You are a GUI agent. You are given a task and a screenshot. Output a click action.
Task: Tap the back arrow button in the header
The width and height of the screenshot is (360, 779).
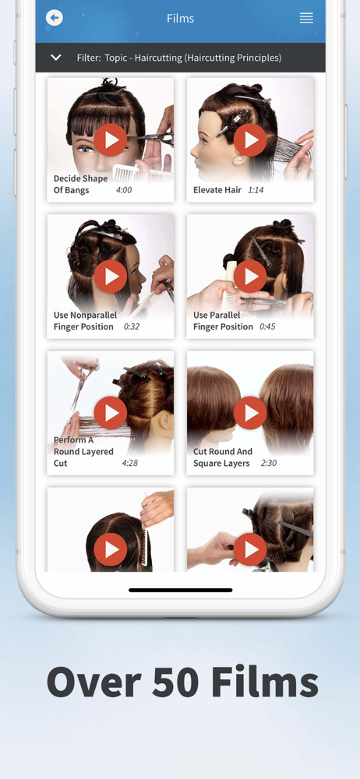coord(55,19)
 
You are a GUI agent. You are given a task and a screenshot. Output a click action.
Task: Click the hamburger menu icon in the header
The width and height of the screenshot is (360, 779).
coord(306,19)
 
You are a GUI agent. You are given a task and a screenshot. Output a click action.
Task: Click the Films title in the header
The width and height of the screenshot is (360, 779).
coord(181,19)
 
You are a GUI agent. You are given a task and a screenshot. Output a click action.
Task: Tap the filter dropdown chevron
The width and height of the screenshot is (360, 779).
coord(55,58)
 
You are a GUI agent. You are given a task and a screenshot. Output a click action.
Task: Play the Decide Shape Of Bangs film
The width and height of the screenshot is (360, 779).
coord(111,139)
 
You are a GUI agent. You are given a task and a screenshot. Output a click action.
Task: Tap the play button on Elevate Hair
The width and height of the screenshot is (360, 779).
coord(250,139)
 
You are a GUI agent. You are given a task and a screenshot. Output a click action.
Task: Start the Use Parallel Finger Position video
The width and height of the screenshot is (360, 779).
coord(250,277)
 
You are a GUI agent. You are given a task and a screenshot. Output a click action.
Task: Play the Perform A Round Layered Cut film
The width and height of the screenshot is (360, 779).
coord(111,413)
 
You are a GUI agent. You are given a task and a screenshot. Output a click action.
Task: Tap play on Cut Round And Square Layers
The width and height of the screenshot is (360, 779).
coord(250,413)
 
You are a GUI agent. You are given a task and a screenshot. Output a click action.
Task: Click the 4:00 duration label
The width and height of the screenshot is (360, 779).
coord(123,190)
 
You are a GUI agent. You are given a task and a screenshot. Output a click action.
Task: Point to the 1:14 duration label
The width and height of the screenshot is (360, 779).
coord(256,190)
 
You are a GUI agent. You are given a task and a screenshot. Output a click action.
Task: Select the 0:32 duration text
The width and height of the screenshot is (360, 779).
coord(132,326)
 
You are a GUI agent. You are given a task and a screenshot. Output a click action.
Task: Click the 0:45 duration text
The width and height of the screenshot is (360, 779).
coord(268,326)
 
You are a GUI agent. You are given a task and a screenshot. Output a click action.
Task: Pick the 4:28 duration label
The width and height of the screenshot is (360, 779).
coord(130,463)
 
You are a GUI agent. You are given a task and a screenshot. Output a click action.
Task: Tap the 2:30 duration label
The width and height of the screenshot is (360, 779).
coord(269,463)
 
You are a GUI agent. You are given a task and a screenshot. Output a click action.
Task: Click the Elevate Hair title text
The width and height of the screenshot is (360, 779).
coord(217,190)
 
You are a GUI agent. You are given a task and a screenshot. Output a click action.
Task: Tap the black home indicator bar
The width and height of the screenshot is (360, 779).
coord(181,590)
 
